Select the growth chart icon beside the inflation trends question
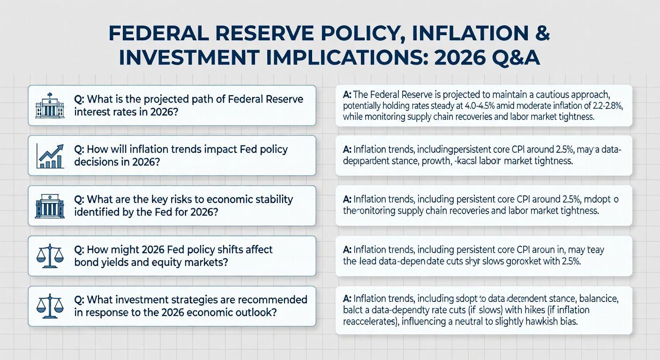coord(50,156)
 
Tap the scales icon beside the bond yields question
coord(50,256)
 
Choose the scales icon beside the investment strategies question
coord(50,306)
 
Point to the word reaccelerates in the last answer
coord(371,322)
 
